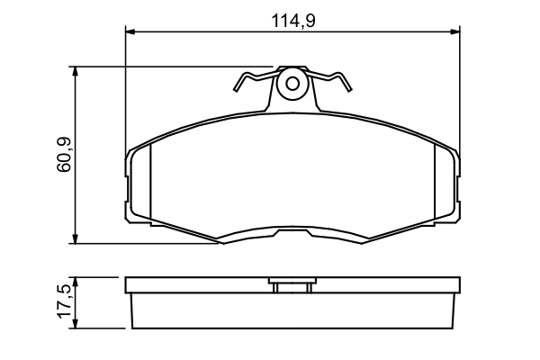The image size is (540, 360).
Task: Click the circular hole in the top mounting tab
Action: pyautogui.click(x=292, y=85)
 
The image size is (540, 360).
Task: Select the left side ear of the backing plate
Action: pyautogui.click(x=127, y=184)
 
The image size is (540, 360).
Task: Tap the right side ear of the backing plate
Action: pyautogui.click(x=457, y=184)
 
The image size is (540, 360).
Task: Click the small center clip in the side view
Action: pyautogui.click(x=292, y=287)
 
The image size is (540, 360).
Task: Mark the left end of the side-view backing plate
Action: pyautogui.click(x=128, y=287)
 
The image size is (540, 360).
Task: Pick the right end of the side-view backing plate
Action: pyautogui.click(x=456, y=287)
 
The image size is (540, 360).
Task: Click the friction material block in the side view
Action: pyautogui.click(x=292, y=311)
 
